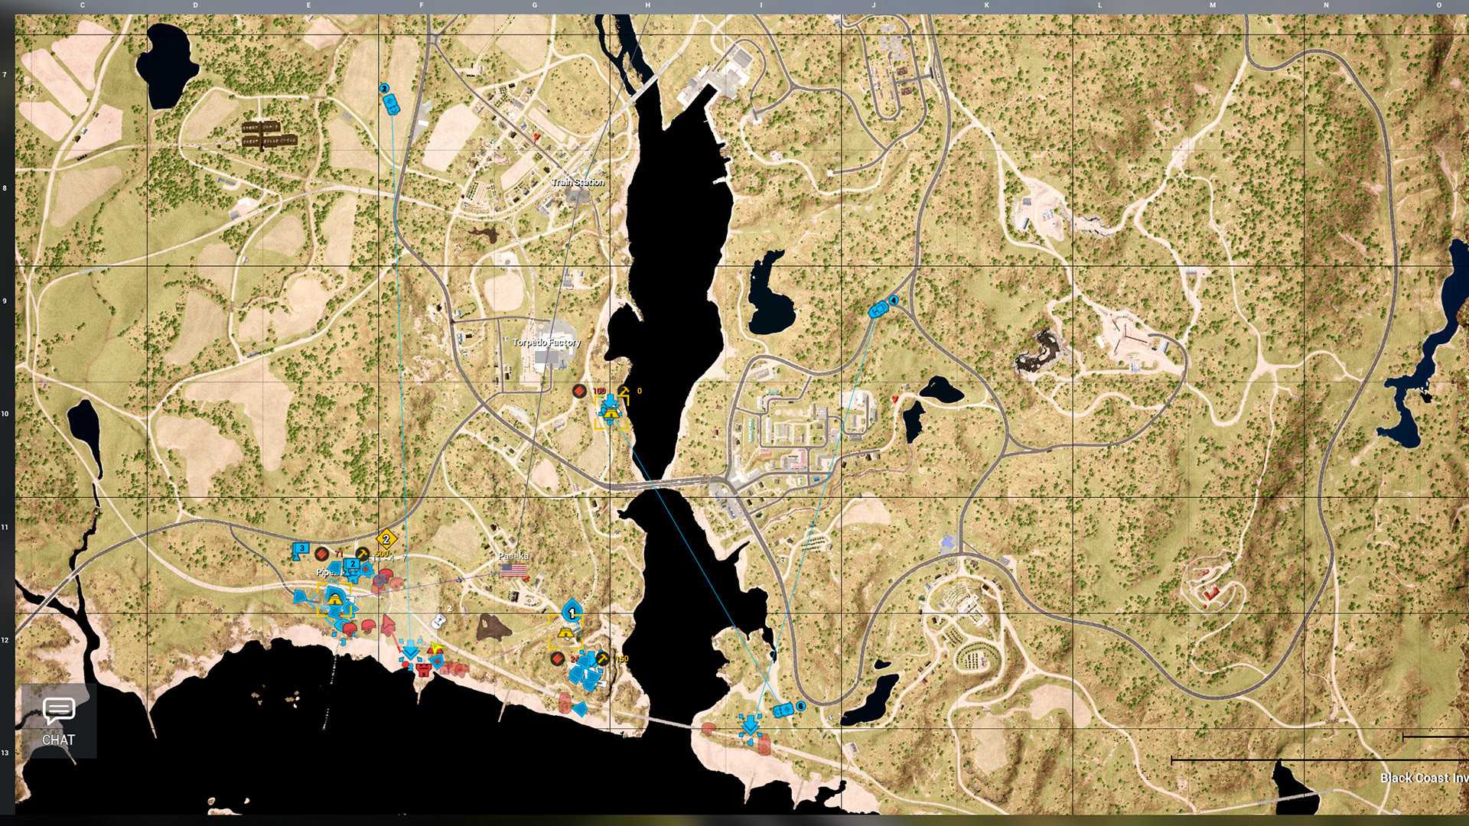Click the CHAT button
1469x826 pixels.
click(58, 721)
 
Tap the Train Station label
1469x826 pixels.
click(578, 182)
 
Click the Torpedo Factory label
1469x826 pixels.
click(546, 342)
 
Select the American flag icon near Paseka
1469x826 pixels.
click(514, 570)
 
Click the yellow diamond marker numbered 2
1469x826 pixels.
click(386, 538)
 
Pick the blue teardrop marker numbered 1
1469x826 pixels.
click(572, 612)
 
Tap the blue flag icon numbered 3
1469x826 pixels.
click(301, 550)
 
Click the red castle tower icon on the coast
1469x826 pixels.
click(423, 670)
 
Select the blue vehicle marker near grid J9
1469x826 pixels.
click(878, 310)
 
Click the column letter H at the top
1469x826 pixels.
click(647, 5)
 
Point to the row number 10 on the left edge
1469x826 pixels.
click(5, 414)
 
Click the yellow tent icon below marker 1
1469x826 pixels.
click(567, 633)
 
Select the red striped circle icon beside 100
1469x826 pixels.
click(579, 391)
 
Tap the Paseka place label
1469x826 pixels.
click(513, 556)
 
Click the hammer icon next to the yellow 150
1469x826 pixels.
click(603, 659)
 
